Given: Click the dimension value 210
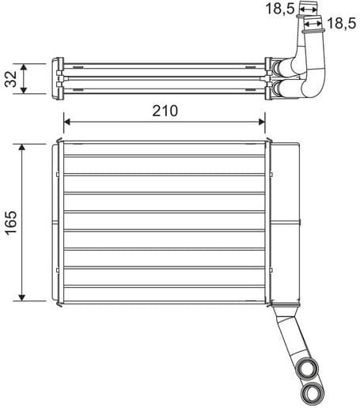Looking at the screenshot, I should click(164, 111).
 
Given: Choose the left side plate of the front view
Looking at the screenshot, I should click(58, 221).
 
